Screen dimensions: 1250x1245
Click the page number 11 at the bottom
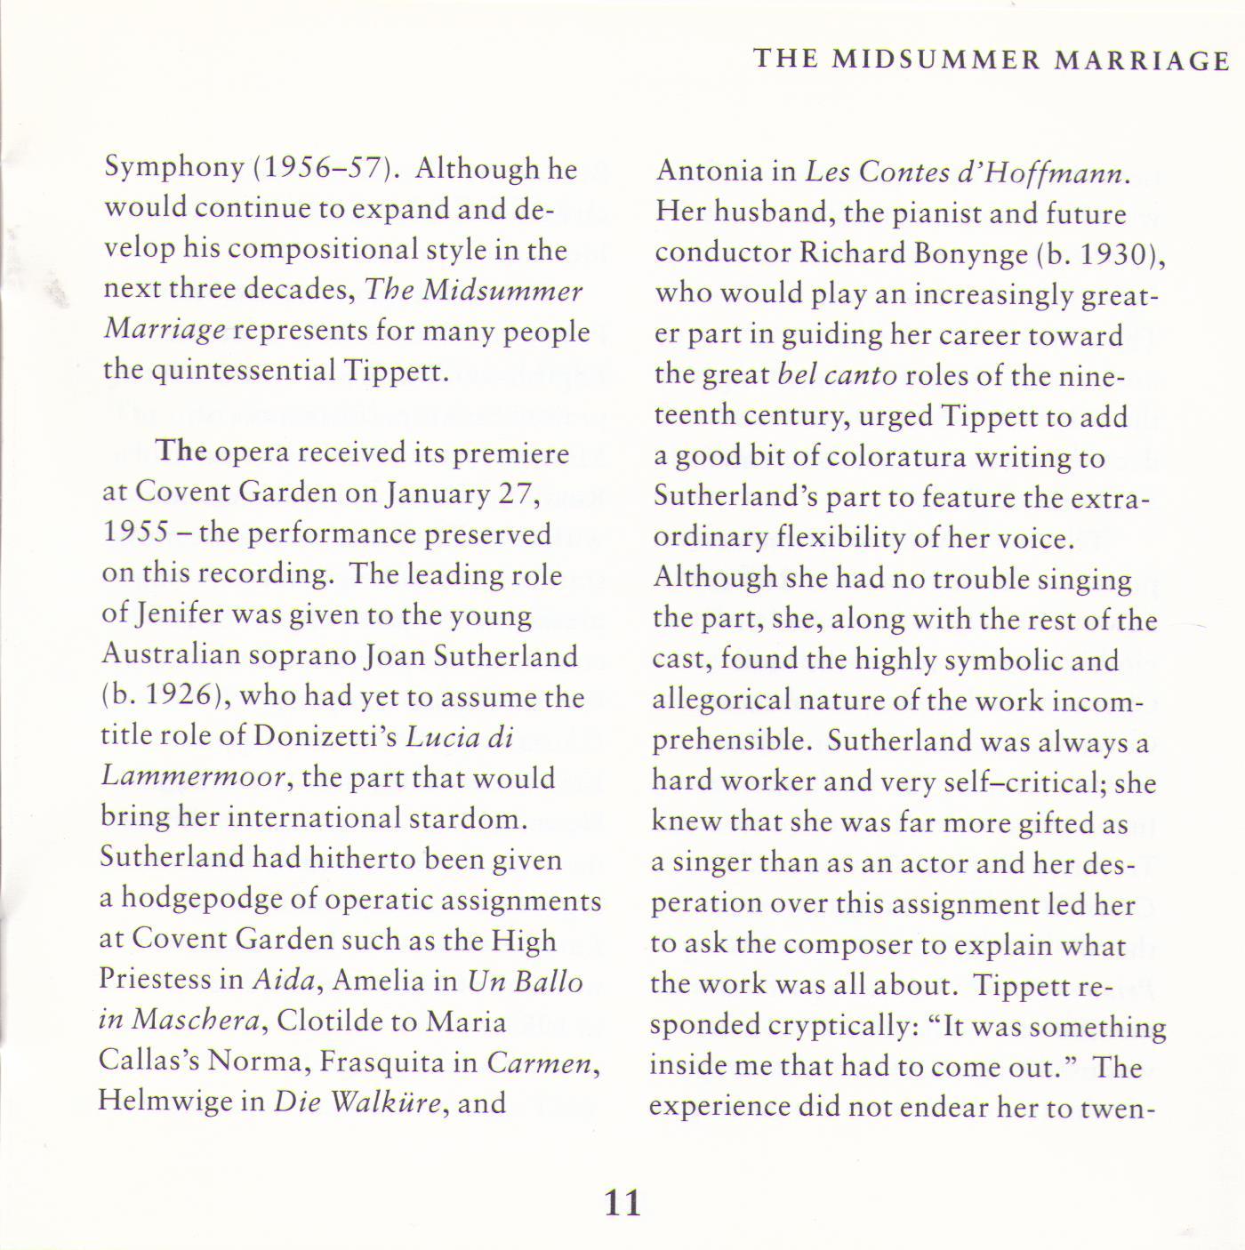pos(622,1203)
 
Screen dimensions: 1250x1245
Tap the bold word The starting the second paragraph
pos(182,452)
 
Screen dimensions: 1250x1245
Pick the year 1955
pos(135,533)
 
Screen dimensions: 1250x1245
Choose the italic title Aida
pos(284,980)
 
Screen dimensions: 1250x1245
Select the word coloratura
pos(896,457)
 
